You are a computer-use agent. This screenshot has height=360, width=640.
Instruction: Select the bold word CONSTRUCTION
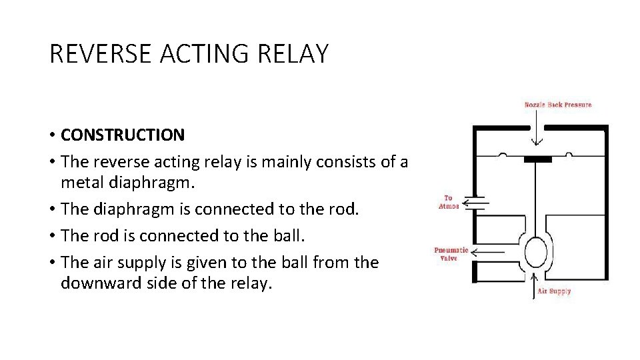[x=123, y=135]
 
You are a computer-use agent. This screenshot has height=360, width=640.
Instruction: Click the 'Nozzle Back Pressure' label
[x=558, y=105]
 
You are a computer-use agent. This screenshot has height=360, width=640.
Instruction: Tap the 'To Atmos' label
[x=448, y=202]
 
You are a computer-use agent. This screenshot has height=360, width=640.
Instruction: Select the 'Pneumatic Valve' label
[x=451, y=254]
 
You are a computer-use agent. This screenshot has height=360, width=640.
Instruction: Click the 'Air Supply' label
[x=554, y=291]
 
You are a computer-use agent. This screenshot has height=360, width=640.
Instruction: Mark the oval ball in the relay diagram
[x=537, y=253]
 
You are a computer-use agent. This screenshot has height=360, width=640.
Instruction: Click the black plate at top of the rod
[x=537, y=159]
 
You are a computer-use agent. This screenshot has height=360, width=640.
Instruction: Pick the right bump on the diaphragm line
[x=569, y=155]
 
